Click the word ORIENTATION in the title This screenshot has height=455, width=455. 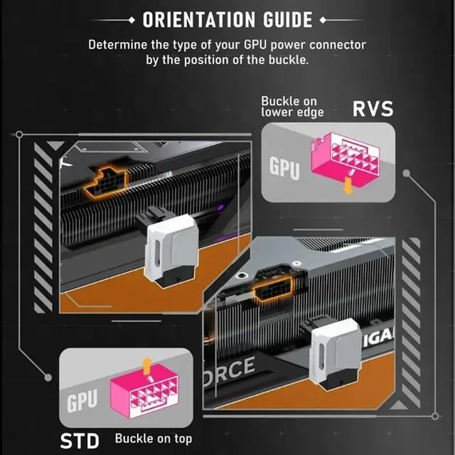[199, 20]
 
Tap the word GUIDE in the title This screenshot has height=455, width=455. [288, 20]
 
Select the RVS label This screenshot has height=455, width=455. [373, 109]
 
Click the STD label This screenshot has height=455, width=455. [80, 441]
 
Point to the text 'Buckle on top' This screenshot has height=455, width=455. [154, 439]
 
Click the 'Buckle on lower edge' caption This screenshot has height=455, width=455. [292, 107]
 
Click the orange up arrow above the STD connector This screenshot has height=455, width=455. [148, 363]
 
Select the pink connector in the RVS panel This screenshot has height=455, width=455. [345, 159]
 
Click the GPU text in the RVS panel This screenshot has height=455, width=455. [284, 168]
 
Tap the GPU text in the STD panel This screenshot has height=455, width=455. [82, 400]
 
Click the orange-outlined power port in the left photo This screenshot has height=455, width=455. [106, 182]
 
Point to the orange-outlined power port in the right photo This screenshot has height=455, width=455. [273, 289]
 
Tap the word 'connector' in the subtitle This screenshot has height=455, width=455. [338, 45]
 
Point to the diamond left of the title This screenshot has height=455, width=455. [132, 20]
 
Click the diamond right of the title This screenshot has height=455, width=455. [322, 20]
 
